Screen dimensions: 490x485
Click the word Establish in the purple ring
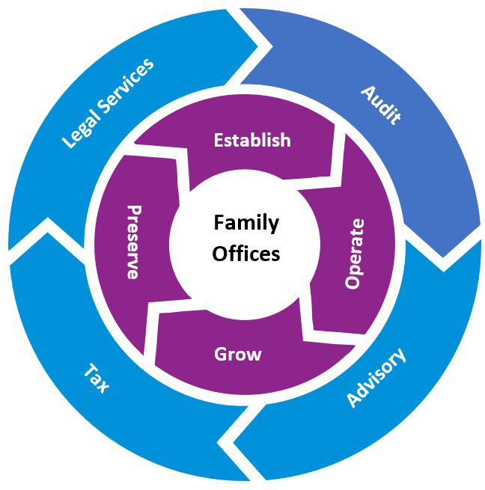(251, 140)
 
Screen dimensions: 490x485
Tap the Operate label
(356, 254)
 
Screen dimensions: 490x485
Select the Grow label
(238, 354)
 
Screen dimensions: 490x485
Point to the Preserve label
(133, 242)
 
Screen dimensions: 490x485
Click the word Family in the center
(245, 222)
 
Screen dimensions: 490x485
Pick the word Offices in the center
(245, 254)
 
